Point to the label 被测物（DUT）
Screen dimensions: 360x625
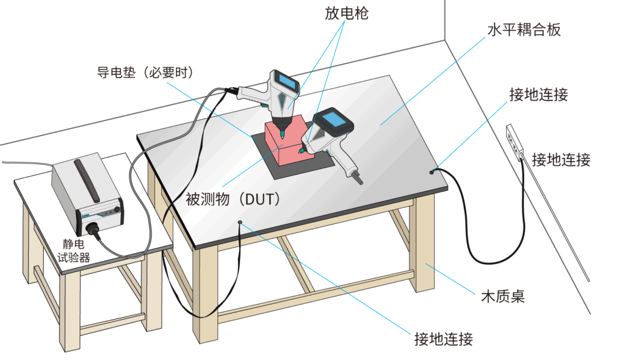(x=232, y=198)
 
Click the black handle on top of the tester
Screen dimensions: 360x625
(x=86, y=181)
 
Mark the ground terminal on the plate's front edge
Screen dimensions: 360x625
(x=240, y=223)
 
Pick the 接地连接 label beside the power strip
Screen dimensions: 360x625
(x=561, y=160)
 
